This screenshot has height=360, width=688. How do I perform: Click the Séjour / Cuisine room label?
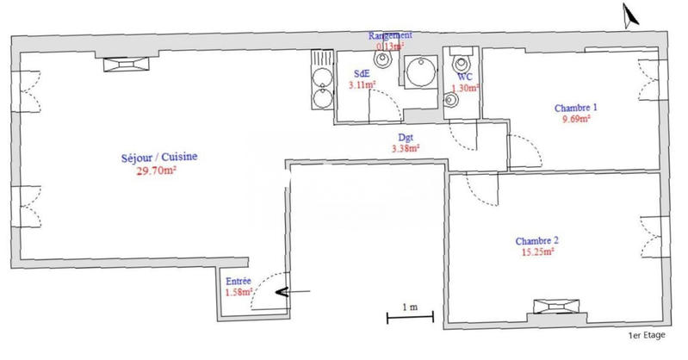click(x=159, y=157)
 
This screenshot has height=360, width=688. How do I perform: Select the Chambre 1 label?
click(x=574, y=108)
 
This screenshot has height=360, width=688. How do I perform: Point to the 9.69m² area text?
click(x=574, y=120)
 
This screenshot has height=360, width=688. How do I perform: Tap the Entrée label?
click(x=239, y=282)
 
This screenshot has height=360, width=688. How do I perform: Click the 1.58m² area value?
click(x=239, y=293)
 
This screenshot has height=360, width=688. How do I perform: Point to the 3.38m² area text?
click(x=406, y=148)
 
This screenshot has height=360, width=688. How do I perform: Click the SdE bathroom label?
click(x=362, y=74)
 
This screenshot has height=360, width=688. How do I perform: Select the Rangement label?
click(x=390, y=35)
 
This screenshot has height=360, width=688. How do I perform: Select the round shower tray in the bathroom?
click(x=422, y=74)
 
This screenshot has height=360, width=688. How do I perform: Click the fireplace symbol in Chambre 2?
click(x=552, y=307)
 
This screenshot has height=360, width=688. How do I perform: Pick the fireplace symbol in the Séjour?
click(x=126, y=63)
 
